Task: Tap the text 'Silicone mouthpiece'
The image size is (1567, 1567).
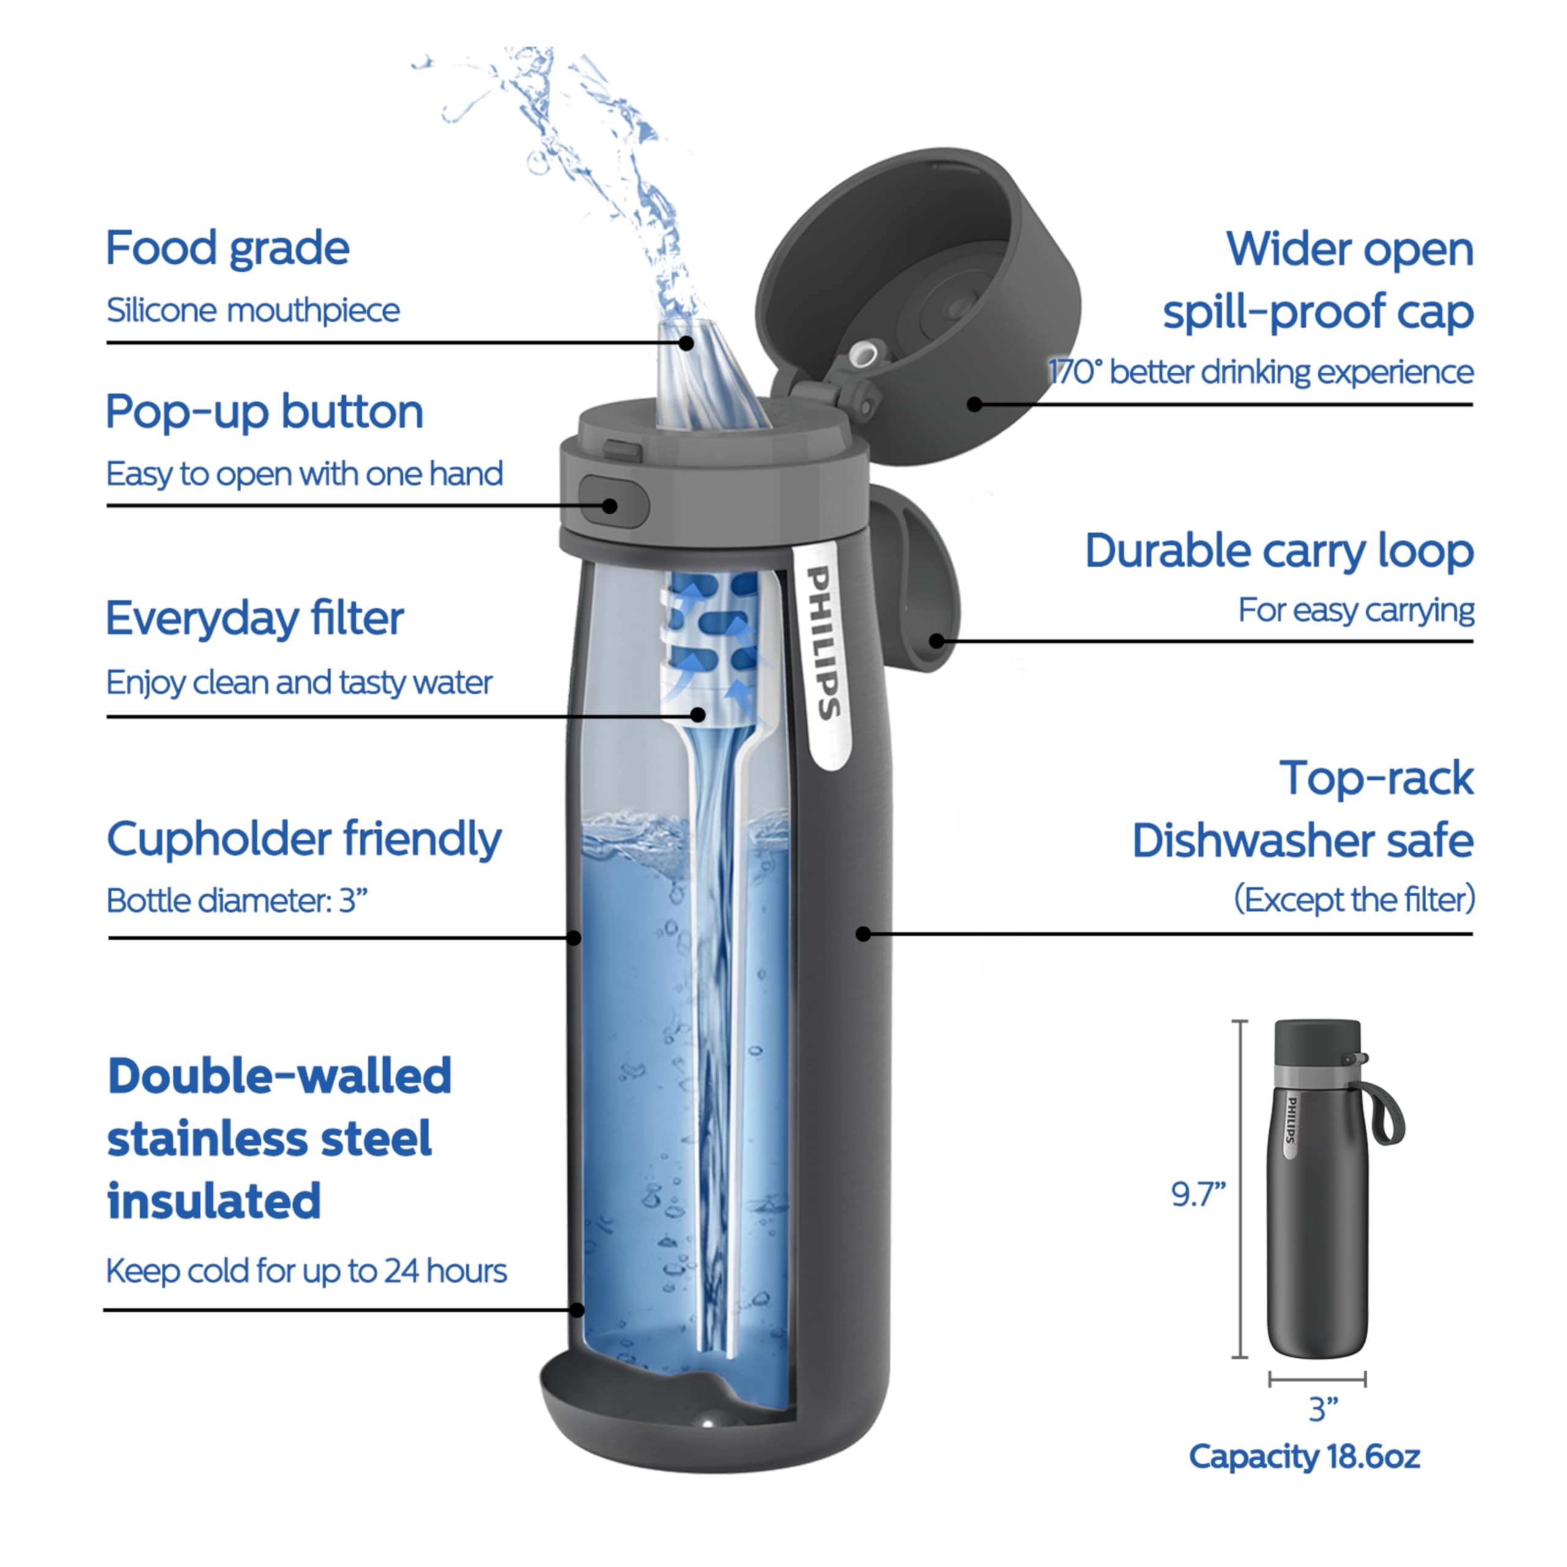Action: [x=253, y=310]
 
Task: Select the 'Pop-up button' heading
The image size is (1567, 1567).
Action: [x=264, y=412]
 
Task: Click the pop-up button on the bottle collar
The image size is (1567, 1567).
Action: [x=612, y=504]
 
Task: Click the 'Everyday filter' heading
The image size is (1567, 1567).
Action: [x=254, y=619]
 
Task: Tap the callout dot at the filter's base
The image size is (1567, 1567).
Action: [x=698, y=714]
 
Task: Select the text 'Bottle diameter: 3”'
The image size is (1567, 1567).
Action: [x=237, y=900]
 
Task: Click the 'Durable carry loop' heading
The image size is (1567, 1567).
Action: [x=1279, y=552]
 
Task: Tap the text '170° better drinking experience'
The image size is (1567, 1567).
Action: [x=1260, y=372]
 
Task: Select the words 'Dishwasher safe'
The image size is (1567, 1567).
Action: [x=1303, y=840]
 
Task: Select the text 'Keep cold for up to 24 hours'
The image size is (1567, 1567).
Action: [x=306, y=1271]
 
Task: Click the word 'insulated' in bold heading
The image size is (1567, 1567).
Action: [x=214, y=1200]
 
